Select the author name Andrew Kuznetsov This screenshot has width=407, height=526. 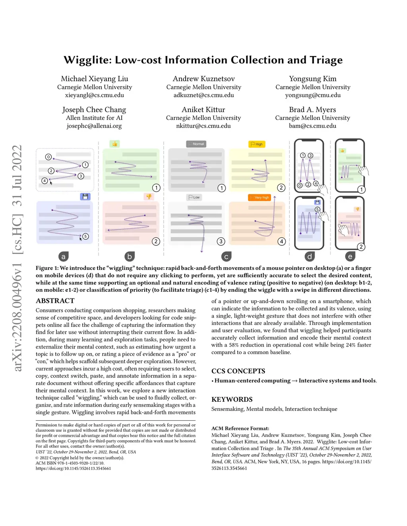click(x=203, y=79)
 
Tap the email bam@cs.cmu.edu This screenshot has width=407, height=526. click(x=312, y=126)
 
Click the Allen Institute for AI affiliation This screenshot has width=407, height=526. click(x=94, y=118)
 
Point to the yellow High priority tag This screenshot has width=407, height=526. click(x=257, y=144)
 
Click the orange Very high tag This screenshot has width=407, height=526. click(x=259, y=197)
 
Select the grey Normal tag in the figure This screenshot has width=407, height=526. click(x=196, y=144)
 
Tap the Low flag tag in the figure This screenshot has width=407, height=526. click(x=194, y=197)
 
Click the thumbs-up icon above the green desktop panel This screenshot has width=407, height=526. click(x=114, y=144)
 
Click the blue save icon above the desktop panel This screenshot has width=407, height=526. click(x=85, y=197)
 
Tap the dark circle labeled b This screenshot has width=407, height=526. click(x=129, y=256)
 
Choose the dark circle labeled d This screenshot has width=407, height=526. click(x=310, y=256)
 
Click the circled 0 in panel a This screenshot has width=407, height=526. click(x=48, y=157)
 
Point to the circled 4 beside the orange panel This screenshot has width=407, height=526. click(x=281, y=241)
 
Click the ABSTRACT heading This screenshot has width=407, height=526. click(x=55, y=301)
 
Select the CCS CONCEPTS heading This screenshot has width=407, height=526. click(x=238, y=371)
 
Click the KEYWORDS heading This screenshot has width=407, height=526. click(x=232, y=399)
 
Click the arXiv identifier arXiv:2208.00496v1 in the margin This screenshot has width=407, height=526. click(x=17, y=318)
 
